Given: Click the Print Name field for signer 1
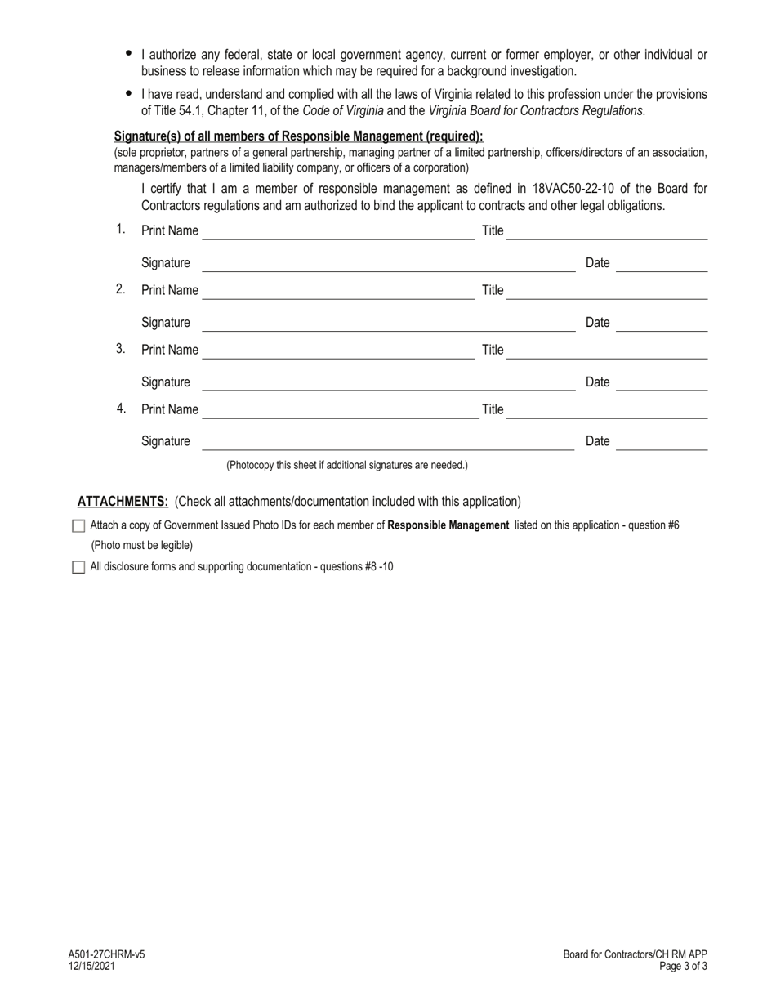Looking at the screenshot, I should click(x=338, y=232).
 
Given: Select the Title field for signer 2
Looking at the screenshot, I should click(x=607, y=292).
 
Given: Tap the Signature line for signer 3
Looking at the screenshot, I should click(x=389, y=383).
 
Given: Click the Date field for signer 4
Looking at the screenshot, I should click(x=662, y=443).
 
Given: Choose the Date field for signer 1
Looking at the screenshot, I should click(x=662, y=264).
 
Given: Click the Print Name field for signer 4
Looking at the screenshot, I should click(x=340, y=411).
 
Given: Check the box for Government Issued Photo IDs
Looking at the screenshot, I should click(x=78, y=526).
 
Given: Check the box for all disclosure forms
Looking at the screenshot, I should click(x=78, y=567).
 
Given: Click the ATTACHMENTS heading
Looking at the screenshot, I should click(x=123, y=502).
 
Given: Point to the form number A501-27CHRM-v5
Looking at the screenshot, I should click(x=106, y=954).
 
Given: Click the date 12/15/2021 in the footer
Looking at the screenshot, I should click(x=91, y=966).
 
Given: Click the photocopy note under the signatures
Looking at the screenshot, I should click(x=347, y=465).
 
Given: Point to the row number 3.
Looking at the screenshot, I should click(x=120, y=349).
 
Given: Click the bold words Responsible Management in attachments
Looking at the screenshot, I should click(x=448, y=525).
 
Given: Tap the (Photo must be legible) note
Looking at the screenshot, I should click(x=142, y=545).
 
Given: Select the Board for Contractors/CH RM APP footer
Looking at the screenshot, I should click(x=635, y=954).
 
